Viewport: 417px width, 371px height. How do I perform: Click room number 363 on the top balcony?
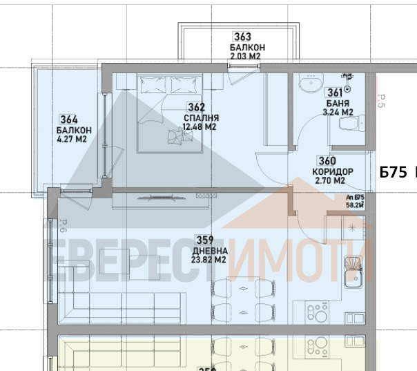[x=242, y=37]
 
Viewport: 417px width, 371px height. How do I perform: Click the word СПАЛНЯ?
[x=197, y=117]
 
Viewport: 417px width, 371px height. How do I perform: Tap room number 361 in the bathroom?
[x=334, y=93]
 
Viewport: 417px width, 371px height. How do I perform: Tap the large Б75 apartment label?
[x=393, y=172]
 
